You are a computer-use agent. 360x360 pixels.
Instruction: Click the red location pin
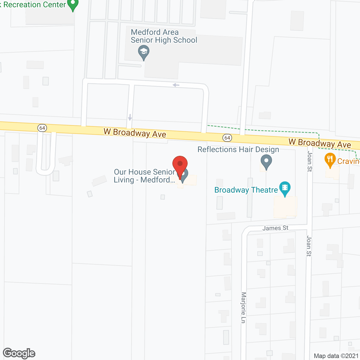click(180, 165)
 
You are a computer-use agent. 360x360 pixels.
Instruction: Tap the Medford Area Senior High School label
click(164, 36)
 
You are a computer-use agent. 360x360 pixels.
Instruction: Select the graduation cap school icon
click(144, 52)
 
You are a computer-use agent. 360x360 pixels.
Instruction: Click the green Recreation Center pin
click(73, 4)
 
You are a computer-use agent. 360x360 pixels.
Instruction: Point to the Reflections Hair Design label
click(238, 149)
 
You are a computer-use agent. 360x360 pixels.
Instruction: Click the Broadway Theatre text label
click(246, 190)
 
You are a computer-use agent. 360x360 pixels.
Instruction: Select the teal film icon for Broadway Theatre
click(285, 188)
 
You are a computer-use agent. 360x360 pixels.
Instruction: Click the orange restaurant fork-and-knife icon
click(330, 159)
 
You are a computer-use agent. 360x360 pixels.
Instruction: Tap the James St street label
click(275, 228)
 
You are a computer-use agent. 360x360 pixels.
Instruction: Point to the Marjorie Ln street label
click(244, 308)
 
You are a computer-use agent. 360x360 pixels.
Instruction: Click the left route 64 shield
click(42, 128)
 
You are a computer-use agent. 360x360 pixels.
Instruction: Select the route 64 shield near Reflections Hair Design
click(227, 138)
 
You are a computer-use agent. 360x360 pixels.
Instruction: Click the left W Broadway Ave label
click(135, 133)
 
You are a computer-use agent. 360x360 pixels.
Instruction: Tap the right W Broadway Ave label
click(320, 143)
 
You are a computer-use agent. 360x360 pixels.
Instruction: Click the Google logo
click(19, 353)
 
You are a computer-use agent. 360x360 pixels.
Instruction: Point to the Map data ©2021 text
click(336, 356)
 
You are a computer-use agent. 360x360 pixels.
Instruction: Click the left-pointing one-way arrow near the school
click(176, 85)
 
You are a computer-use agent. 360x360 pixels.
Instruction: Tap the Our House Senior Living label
click(144, 176)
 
